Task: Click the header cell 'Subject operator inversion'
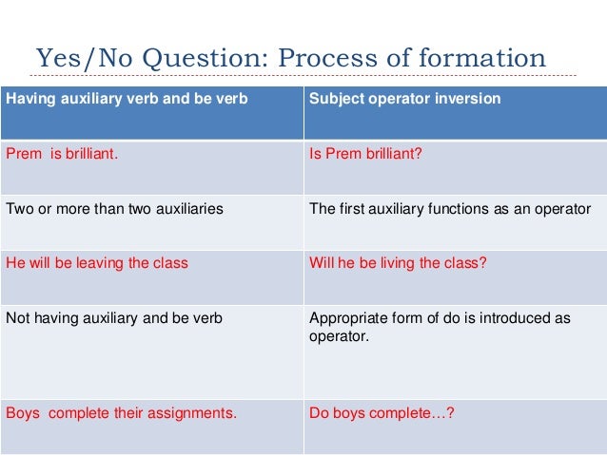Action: (x=404, y=99)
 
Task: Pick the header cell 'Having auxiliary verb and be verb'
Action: (x=122, y=99)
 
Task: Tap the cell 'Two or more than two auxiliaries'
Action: (x=114, y=209)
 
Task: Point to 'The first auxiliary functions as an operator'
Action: (x=450, y=209)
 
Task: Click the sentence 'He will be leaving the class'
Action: (x=97, y=263)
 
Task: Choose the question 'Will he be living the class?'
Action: (x=398, y=263)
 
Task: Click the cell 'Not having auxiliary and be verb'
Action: (x=114, y=318)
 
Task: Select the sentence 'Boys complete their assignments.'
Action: (x=121, y=413)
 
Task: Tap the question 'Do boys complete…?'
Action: (x=382, y=413)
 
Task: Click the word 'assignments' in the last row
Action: (x=197, y=413)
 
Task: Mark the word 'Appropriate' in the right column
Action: (x=346, y=318)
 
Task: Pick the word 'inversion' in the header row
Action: (x=470, y=99)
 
